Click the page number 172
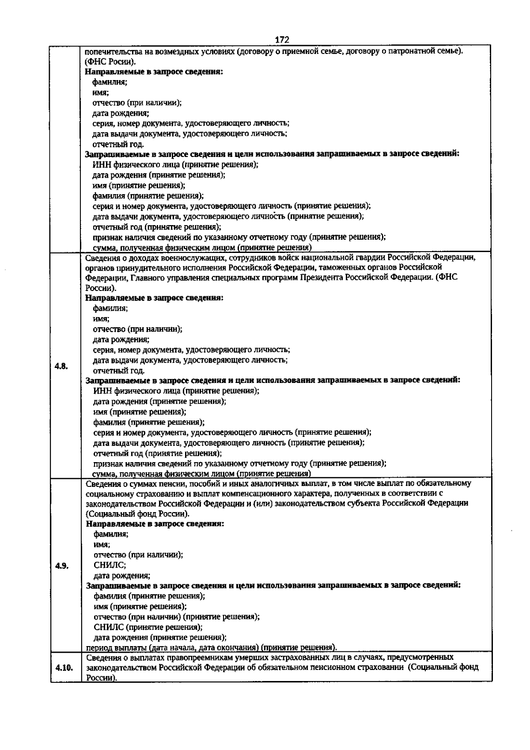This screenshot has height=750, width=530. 282,40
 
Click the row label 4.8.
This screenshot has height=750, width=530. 61,366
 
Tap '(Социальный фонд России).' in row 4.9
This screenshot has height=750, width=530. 138,513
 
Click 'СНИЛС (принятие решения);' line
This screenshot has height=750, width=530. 148,627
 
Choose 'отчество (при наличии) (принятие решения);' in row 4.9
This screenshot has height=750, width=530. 177,616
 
